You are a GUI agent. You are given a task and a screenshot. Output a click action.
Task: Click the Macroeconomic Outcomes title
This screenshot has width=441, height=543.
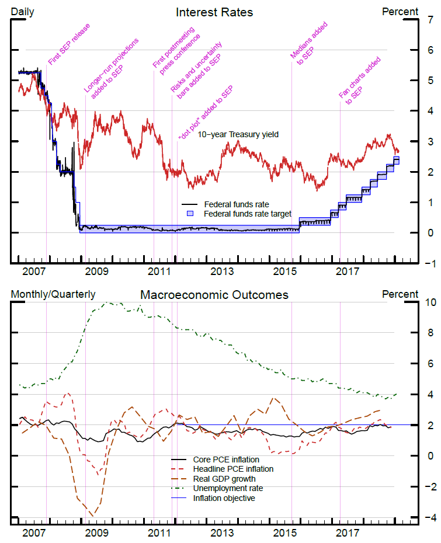214,295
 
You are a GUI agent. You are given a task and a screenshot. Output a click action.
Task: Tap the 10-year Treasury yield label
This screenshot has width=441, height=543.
238,134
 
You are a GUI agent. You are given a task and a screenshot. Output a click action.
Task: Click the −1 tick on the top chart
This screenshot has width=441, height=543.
428,263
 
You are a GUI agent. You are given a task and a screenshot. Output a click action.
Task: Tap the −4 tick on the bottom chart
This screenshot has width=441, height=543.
429,517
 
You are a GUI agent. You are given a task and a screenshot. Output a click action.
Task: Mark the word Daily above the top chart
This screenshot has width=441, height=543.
23,12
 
